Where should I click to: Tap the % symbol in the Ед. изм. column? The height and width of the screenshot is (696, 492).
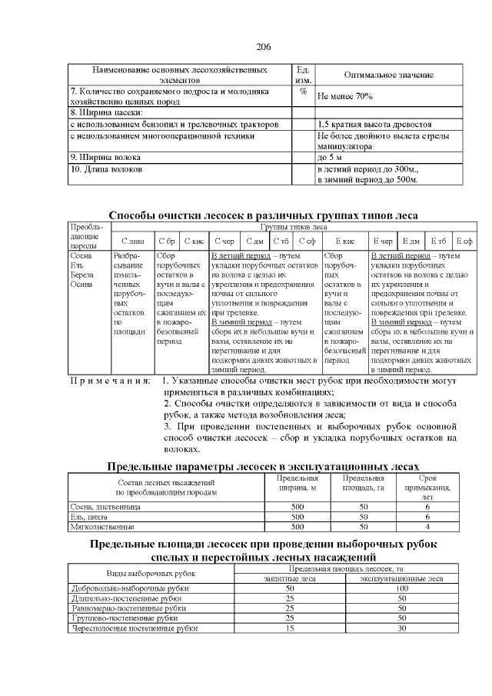[303, 91]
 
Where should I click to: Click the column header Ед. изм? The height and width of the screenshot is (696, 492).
[303, 74]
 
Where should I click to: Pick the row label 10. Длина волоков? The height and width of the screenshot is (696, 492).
[106, 168]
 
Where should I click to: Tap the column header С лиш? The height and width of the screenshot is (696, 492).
[132, 241]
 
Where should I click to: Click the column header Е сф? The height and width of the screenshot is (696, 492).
[464, 241]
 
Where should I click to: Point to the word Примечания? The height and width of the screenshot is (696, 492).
[111, 381]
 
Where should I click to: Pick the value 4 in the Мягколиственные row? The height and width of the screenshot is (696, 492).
[427, 527]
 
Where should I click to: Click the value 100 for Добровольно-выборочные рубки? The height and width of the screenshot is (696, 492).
[401, 588]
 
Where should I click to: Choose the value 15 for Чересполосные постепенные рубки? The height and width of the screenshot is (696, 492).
[290, 628]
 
